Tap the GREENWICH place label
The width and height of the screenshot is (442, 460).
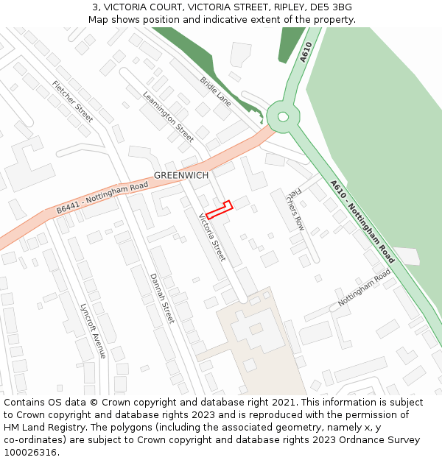point(181,176)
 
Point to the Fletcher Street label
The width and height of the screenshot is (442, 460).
point(72,102)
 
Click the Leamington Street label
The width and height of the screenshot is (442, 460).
point(168,116)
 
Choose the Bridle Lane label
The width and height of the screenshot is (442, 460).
point(215,91)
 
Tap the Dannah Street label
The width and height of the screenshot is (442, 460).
point(162,298)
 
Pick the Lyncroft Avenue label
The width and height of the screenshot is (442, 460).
point(93,330)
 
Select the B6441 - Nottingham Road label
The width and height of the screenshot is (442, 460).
point(102,199)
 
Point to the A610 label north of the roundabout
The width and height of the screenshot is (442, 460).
point(306,53)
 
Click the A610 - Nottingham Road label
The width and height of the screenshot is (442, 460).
point(362,222)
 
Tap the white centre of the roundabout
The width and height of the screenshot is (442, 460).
point(282,116)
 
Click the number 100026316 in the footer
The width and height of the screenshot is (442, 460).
point(29,453)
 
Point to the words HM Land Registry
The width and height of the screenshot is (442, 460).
point(43,428)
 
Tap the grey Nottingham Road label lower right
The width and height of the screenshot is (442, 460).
point(364,289)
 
